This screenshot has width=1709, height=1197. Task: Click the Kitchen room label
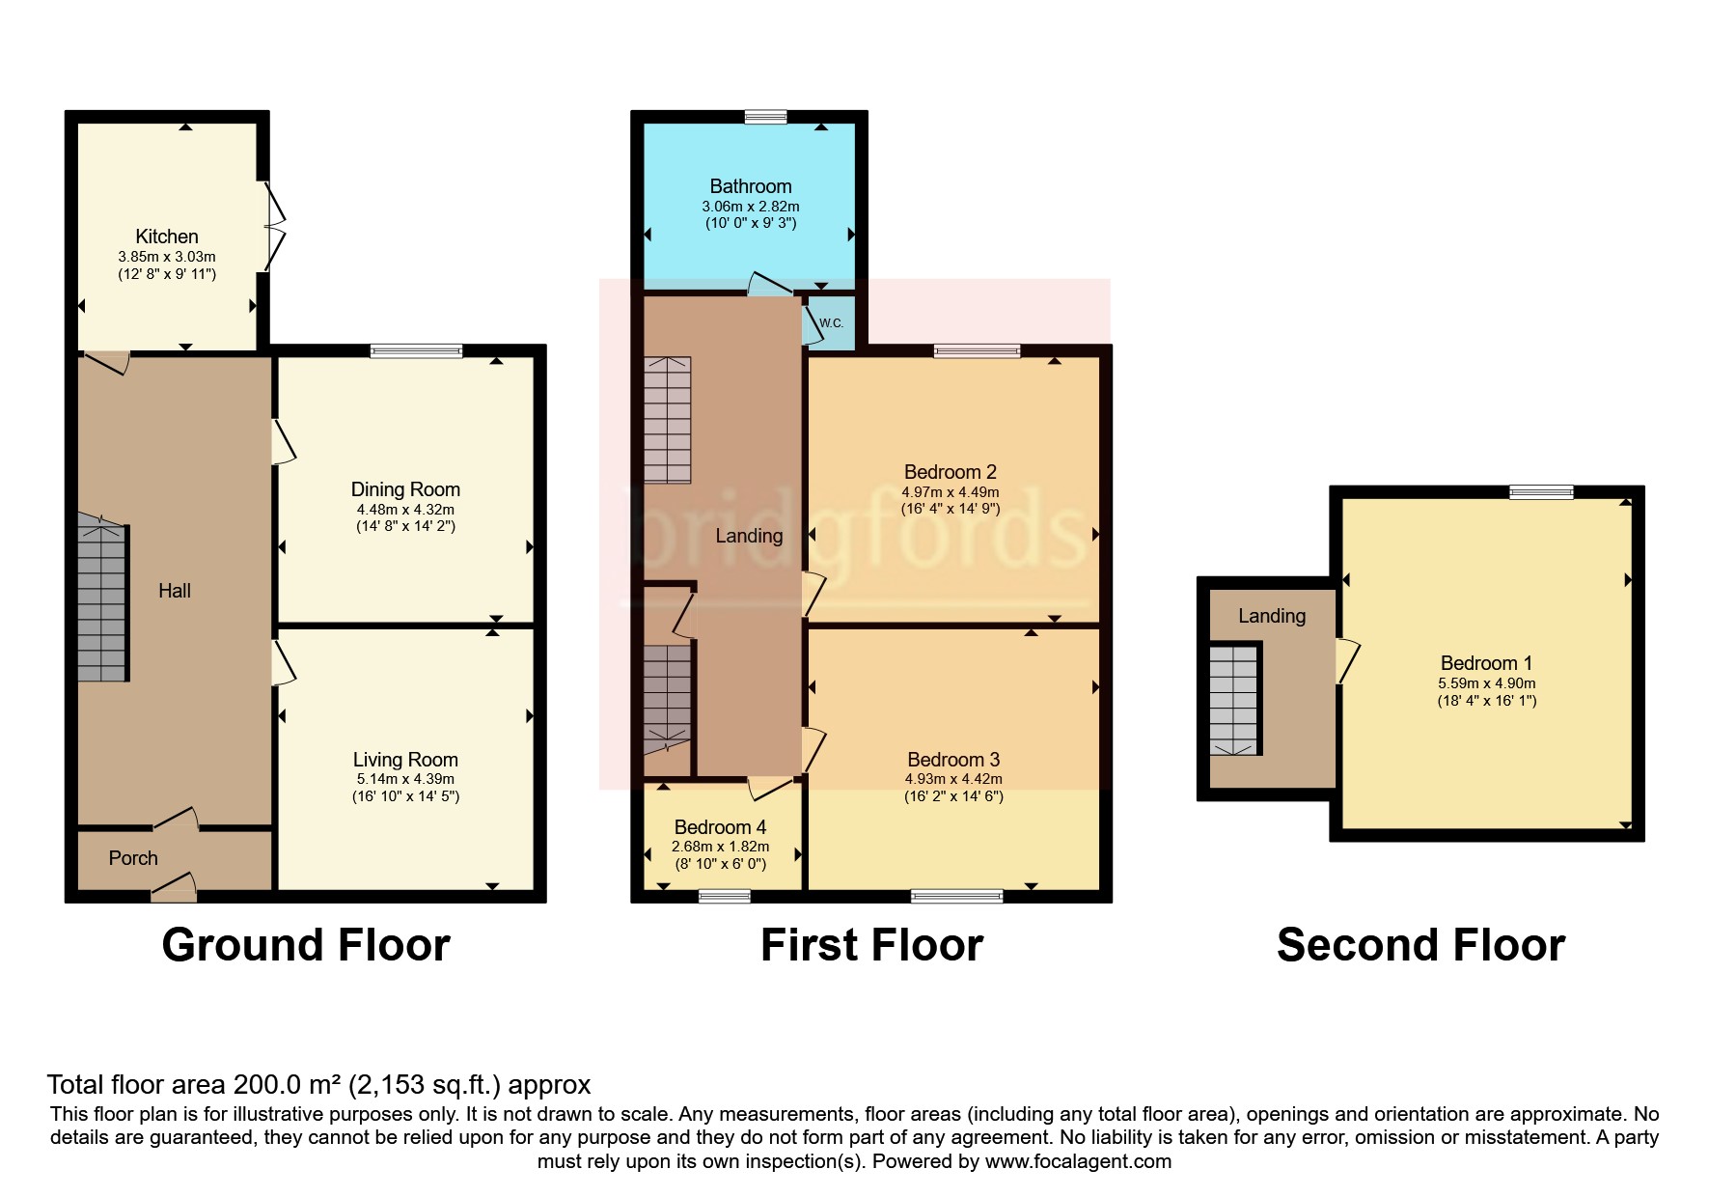tap(167, 237)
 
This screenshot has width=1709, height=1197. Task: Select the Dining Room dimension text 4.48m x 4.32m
tap(405, 510)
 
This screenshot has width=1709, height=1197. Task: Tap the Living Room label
tap(405, 760)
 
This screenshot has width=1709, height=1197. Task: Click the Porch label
tap(133, 858)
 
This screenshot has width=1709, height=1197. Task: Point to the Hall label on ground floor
tap(175, 591)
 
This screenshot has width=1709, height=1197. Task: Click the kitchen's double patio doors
tap(275, 228)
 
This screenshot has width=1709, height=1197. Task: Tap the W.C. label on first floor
tap(831, 323)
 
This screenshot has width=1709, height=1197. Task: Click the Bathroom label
tap(751, 186)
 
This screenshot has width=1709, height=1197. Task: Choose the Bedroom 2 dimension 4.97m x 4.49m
tap(951, 492)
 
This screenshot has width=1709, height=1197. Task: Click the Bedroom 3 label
tap(953, 760)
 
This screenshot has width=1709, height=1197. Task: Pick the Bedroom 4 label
tap(720, 827)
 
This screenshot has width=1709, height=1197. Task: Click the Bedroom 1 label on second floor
tap(1486, 663)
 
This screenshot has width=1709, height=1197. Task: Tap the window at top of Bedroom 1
tap(1541, 492)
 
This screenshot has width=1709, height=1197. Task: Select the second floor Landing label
tap(1272, 616)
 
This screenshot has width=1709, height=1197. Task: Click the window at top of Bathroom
tap(765, 117)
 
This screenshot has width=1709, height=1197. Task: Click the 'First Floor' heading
tap(871, 945)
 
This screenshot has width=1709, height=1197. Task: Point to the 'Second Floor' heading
tap(1420, 945)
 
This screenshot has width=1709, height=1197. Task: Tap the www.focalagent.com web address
tap(1078, 1161)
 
